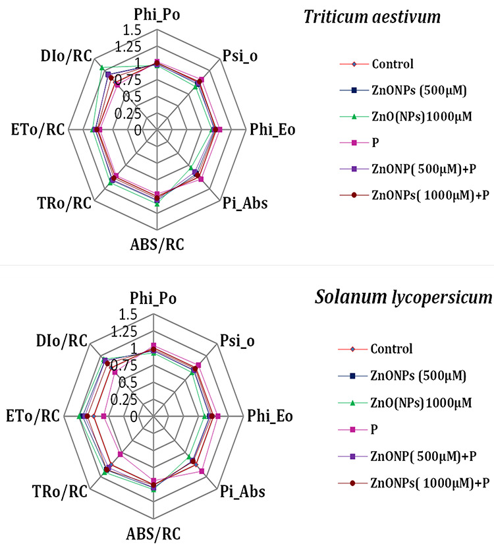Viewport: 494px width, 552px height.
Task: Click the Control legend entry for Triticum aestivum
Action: (x=393, y=65)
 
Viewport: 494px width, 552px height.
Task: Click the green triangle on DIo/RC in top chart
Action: (x=101, y=68)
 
